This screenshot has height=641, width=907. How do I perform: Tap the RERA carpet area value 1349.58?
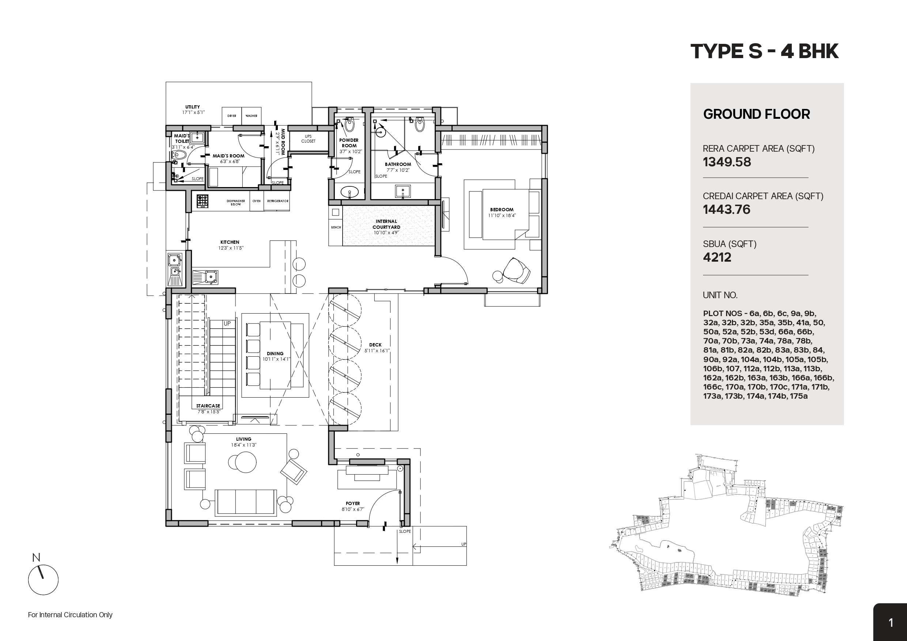click(726, 162)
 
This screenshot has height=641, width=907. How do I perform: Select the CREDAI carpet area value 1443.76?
click(726, 210)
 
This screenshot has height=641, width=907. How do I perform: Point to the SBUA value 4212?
click(717, 258)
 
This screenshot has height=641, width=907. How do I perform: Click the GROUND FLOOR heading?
click(756, 114)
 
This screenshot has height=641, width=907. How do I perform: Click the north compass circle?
click(43, 580)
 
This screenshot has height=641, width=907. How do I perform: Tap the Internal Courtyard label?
click(386, 224)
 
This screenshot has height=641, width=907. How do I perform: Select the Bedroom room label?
click(502, 210)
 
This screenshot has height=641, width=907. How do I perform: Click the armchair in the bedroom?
click(516, 270)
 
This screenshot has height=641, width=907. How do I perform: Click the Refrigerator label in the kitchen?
click(278, 201)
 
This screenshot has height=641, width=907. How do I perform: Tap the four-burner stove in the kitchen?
click(202, 201)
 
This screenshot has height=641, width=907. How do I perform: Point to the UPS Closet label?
click(308, 139)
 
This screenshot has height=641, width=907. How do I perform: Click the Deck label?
click(375, 345)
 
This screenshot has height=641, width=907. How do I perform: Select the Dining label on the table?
click(275, 354)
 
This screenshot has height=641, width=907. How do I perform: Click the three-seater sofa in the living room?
click(245, 502)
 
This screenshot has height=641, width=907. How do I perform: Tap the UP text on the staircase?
click(227, 323)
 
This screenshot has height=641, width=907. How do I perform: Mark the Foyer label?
click(353, 504)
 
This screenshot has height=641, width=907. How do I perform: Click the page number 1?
click(891, 623)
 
